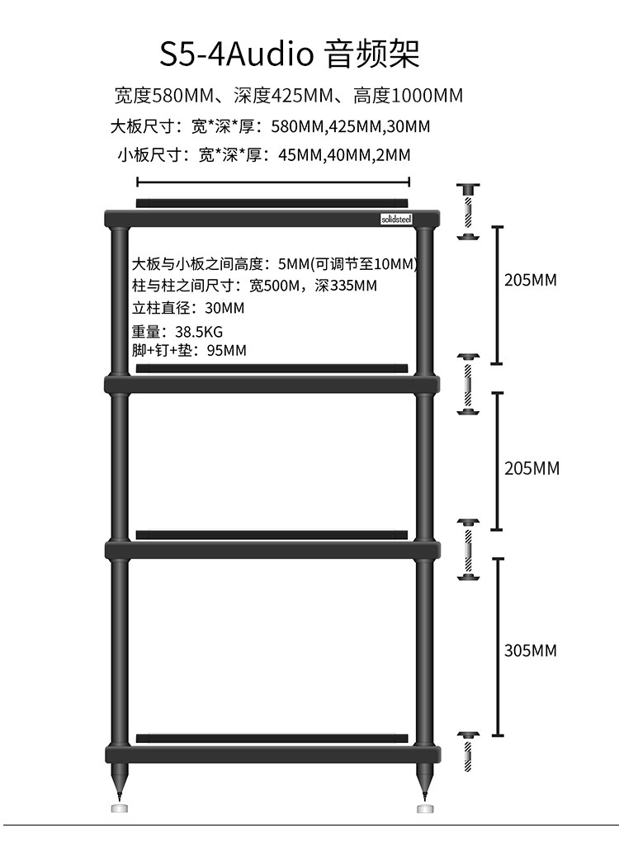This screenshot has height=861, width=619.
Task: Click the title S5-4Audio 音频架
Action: [x=290, y=54]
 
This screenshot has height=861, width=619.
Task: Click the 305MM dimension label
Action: [x=531, y=650]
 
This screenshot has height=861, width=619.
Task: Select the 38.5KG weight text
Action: [x=199, y=332]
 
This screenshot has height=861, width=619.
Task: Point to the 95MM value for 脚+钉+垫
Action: [x=226, y=351]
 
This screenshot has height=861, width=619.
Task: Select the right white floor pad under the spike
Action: [x=424, y=808]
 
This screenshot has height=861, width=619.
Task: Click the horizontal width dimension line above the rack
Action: [x=272, y=182]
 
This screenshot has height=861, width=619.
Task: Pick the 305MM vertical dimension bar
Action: [x=497, y=646]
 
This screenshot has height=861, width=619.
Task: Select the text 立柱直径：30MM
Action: [x=188, y=309]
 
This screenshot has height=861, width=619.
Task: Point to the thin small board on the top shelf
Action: [x=272, y=202]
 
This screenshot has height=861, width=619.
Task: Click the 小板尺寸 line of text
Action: [x=263, y=154]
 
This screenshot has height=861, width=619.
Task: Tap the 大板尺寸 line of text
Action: [x=270, y=127]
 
